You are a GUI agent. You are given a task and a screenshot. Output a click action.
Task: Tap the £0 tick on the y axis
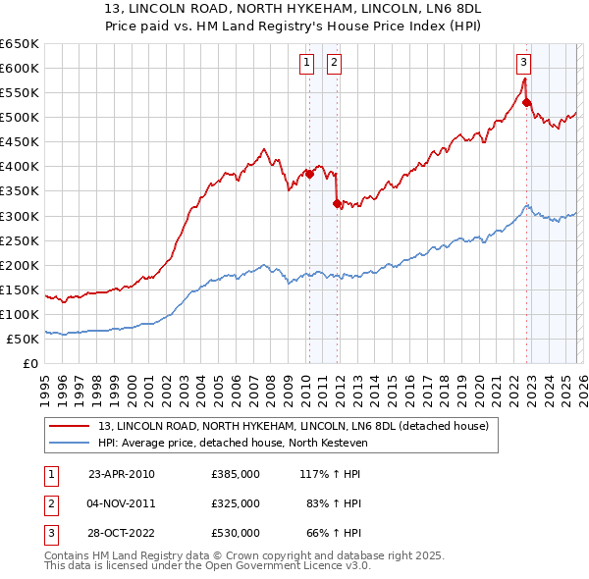[x=31, y=363]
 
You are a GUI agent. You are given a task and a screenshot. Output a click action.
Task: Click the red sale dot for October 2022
[x=527, y=102]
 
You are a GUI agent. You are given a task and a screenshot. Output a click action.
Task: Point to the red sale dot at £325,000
[x=337, y=203]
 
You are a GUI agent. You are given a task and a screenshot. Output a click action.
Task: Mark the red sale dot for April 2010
[x=309, y=174]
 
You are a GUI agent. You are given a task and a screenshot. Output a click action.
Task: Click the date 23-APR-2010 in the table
[x=122, y=474]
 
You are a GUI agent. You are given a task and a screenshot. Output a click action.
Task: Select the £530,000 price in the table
[x=235, y=533]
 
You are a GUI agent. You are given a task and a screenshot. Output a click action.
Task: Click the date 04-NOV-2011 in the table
[x=122, y=503]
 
